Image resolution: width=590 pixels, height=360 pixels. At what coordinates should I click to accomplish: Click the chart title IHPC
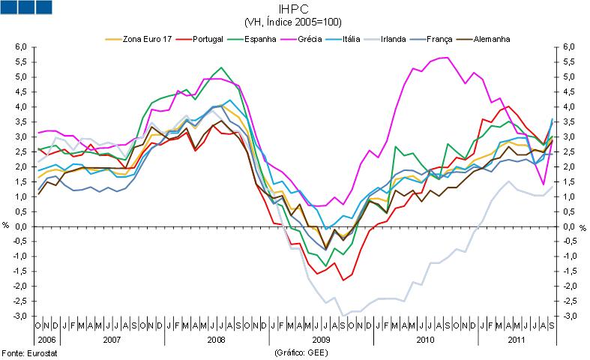[x=295, y=10]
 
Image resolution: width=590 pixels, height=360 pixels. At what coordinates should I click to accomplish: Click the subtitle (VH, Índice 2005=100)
[x=295, y=22]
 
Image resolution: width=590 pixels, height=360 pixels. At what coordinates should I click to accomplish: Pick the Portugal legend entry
[x=211, y=38]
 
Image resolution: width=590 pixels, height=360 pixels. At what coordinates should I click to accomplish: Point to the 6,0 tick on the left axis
[x=21, y=46]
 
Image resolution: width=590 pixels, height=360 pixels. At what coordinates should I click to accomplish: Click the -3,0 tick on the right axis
[x=571, y=316]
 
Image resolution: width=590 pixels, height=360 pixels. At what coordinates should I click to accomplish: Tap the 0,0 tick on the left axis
[x=21, y=226]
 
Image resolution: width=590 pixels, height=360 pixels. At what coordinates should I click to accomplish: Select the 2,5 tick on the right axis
[x=571, y=151]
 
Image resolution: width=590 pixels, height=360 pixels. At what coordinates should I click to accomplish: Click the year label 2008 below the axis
[x=216, y=340]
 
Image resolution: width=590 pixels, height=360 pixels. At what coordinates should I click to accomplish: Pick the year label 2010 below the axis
[x=426, y=340]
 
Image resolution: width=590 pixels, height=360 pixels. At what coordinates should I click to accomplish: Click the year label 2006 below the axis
[x=44, y=340]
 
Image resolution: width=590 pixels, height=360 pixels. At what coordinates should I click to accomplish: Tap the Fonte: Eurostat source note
[x=29, y=352]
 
